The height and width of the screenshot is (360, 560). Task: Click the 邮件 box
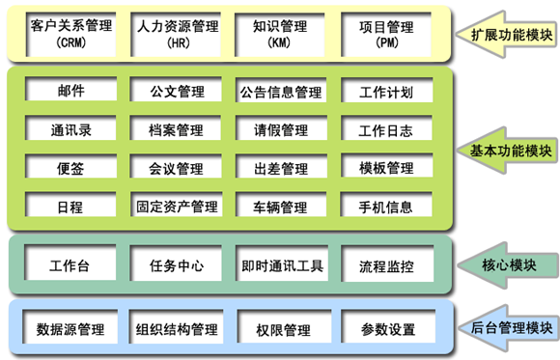pos(70,92)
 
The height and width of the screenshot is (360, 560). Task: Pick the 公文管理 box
pos(177,92)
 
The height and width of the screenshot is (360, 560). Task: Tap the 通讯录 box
pos(70,129)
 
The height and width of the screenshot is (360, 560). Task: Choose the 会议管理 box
pos(177,168)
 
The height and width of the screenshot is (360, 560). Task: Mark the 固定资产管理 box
pos(177,207)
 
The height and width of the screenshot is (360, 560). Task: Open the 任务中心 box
pos(177,264)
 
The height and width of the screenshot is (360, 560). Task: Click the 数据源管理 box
pos(70,329)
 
